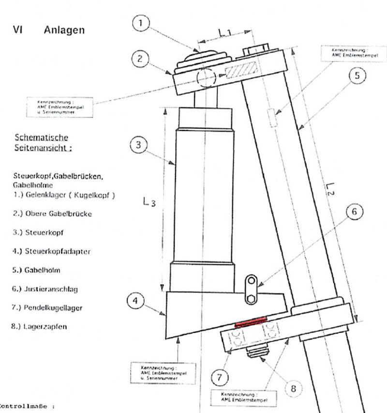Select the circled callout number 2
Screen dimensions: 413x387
tap(139, 59)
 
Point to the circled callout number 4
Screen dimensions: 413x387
tap(136, 301)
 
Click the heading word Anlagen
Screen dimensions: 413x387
tap(64, 30)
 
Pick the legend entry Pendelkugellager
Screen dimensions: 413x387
tap(56, 307)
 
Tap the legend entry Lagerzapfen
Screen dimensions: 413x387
tap(46, 326)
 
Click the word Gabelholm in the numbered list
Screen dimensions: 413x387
tap(44, 270)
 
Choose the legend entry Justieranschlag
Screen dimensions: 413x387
tap(51, 289)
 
